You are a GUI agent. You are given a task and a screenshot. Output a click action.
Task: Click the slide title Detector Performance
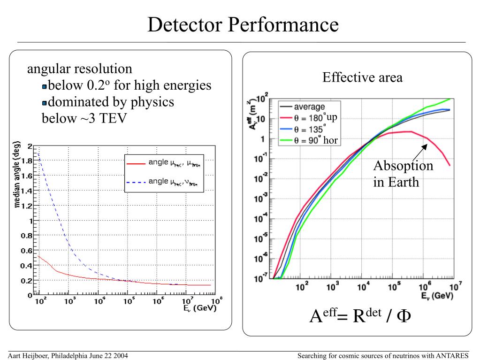243,24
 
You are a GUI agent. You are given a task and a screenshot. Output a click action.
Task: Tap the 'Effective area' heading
362,77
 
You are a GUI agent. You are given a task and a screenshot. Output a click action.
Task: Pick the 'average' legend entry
309,107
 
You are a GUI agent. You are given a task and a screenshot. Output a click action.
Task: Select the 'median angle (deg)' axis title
17,180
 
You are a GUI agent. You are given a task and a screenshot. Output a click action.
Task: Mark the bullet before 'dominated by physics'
45,103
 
